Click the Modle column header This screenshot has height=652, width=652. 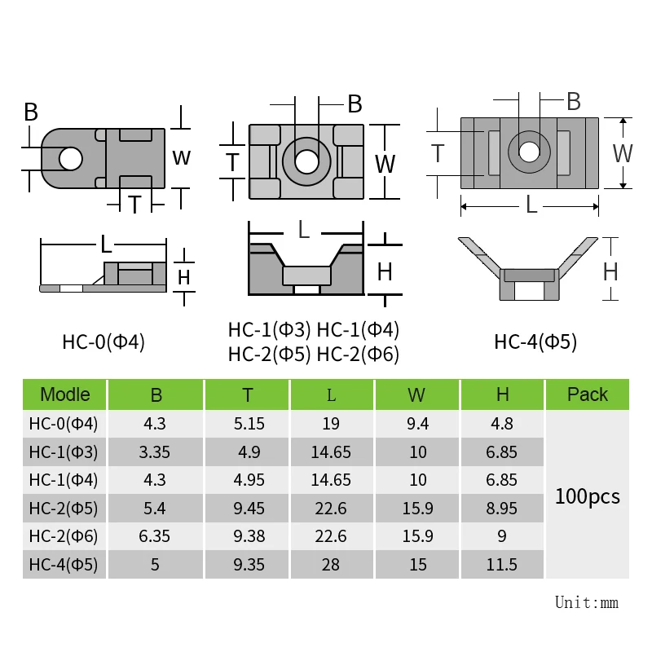click(65, 394)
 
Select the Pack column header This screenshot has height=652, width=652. click(587, 394)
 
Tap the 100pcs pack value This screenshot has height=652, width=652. click(587, 496)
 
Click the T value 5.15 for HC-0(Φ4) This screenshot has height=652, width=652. click(249, 424)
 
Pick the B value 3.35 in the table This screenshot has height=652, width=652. click(154, 452)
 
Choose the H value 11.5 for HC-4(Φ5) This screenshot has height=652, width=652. click(501, 565)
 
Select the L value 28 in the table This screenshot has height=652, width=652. click(331, 565)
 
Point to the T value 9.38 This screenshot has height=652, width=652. click(249, 536)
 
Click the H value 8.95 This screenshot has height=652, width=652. click(501, 508)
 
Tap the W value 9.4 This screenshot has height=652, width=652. click(417, 424)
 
